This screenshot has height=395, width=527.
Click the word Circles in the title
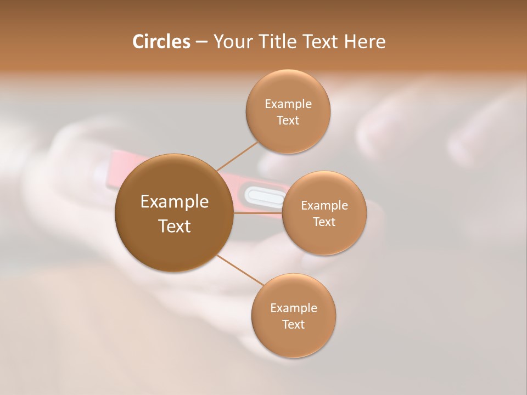[x=161, y=42]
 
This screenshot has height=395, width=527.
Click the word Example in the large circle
[x=175, y=202]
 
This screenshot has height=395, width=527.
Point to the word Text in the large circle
[x=175, y=226]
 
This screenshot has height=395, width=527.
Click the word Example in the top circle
[x=288, y=104]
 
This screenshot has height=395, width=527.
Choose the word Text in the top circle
[x=288, y=121]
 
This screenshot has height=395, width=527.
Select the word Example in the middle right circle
[x=324, y=206]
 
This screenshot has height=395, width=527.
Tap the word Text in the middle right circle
[x=324, y=222]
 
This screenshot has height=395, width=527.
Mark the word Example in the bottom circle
[x=294, y=308]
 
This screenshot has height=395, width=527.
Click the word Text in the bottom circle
[x=294, y=325]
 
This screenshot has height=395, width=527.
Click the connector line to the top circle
[x=238, y=156]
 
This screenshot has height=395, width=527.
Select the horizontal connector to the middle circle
[x=258, y=213]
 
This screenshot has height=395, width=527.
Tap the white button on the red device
[x=262, y=196]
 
